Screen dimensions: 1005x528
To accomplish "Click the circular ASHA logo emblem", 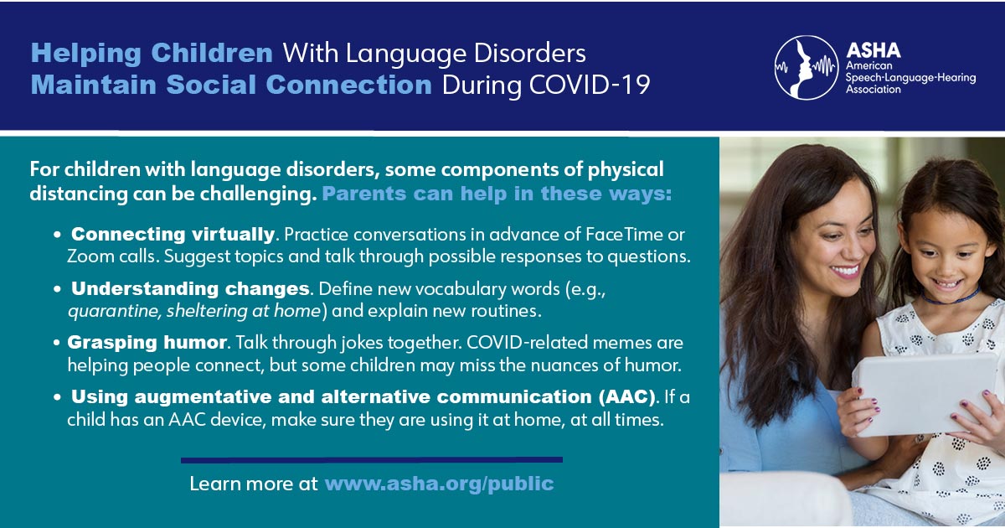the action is pyautogui.click(x=807, y=67).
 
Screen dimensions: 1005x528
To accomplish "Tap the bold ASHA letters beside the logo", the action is pyautogui.click(x=873, y=51).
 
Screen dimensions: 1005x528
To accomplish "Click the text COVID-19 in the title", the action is pyautogui.click(x=590, y=85).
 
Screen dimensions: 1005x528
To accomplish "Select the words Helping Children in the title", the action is pyautogui.click(x=152, y=54).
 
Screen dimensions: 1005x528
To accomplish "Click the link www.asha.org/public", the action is pyautogui.click(x=439, y=484).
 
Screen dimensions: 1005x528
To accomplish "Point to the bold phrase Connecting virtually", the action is pyautogui.click(x=173, y=235).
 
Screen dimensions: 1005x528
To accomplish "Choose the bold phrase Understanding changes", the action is pyautogui.click(x=190, y=288).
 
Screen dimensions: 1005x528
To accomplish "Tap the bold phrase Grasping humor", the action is pyautogui.click(x=147, y=343).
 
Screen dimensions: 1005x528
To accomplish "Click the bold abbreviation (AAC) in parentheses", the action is pyautogui.click(x=626, y=397).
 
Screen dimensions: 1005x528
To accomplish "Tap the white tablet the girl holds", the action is pyautogui.click(x=920, y=395).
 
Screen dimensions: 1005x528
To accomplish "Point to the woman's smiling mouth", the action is pyautogui.click(x=844, y=272).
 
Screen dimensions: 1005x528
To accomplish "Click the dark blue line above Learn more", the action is pyautogui.click(x=372, y=460).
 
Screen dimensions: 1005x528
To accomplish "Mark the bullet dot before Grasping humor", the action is pyautogui.click(x=57, y=343).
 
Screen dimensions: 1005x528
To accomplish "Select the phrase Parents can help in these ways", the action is pyautogui.click(x=497, y=194).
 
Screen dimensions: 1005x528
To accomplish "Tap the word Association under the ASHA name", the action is pyautogui.click(x=873, y=90).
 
